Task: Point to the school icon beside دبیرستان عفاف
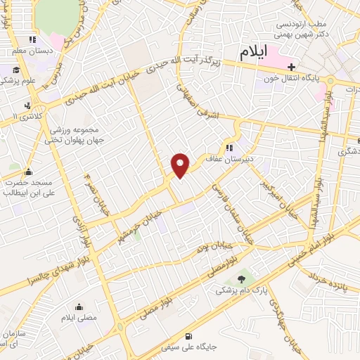229,148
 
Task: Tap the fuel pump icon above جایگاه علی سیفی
188,335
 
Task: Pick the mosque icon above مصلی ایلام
78,307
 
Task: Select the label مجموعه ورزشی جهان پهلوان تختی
73,136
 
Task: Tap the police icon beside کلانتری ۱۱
27,105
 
